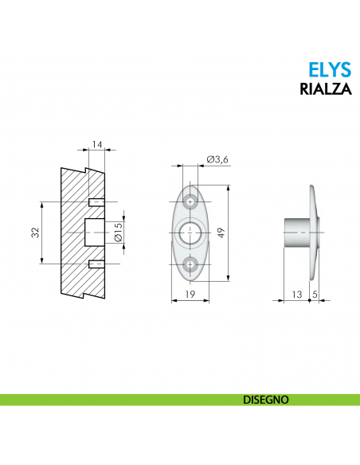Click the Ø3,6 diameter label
pyautogui.click(x=217, y=160)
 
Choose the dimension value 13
pyautogui.click(x=297, y=295)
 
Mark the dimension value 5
pyautogui.click(x=315, y=295)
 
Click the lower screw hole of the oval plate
pyautogui.click(x=190, y=264)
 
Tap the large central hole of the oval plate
pyautogui.click(x=190, y=232)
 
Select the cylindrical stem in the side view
pyautogui.click(x=296, y=232)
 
